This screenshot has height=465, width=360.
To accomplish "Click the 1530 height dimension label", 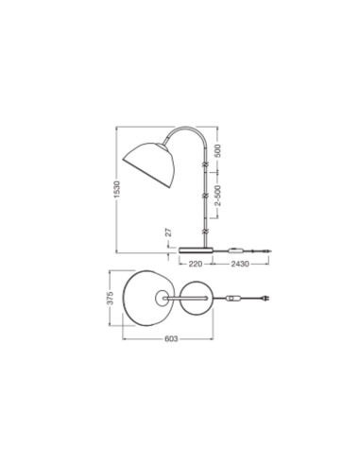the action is [117, 189].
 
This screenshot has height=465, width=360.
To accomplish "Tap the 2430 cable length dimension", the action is [240, 264].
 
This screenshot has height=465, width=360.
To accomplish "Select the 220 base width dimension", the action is [196, 264].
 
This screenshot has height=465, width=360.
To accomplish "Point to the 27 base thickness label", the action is [169, 232].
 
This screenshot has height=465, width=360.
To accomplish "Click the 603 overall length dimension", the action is [171, 339].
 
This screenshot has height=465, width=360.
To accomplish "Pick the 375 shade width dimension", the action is [110, 298].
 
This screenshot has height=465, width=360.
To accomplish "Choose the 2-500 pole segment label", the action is [217, 196].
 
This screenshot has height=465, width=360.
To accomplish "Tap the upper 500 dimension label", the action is [217, 150].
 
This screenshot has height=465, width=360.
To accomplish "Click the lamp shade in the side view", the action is [148, 164].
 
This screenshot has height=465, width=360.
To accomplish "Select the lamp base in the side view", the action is [196, 250].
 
